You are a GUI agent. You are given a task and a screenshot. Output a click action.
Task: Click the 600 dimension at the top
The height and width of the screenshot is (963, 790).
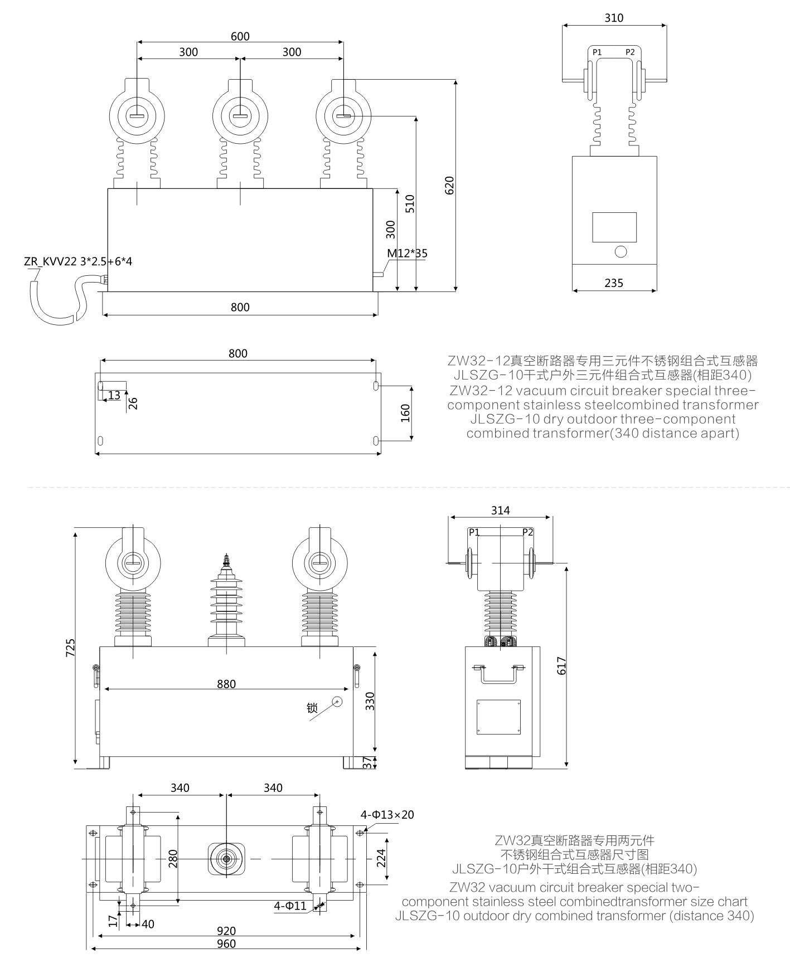pos(240,36)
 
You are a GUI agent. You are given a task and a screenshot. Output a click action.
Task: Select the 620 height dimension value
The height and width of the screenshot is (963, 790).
pos(450,185)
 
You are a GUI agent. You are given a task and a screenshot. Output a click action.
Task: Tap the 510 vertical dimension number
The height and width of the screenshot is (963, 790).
pos(410,204)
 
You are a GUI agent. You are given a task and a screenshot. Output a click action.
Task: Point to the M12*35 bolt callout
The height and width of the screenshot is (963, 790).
pos(408,254)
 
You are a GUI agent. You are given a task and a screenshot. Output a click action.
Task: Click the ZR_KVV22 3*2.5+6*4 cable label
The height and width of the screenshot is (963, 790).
pos(78,261)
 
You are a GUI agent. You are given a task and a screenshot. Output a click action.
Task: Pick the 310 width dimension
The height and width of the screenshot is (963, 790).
pos(614,18)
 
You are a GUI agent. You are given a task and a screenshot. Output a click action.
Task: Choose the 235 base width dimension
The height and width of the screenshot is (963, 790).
pos(614,283)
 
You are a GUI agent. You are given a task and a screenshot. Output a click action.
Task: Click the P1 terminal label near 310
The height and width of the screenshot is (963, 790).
pos(597,52)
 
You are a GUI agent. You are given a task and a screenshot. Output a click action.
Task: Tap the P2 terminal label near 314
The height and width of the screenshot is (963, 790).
pos(527,532)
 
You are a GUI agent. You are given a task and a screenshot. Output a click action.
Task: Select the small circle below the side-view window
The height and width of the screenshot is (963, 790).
pos(621,251)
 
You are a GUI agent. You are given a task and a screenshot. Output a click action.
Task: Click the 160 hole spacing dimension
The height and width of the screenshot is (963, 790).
pos(405,412)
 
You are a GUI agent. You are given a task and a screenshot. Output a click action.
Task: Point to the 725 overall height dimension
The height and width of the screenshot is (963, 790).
pos(71,648)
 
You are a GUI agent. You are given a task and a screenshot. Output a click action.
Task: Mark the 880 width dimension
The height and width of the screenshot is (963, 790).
pos(226,684)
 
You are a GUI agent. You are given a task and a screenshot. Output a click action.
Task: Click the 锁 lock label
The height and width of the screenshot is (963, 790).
pos(312,708)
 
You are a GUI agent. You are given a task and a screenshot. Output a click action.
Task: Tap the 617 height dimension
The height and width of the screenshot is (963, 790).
pos(561,667)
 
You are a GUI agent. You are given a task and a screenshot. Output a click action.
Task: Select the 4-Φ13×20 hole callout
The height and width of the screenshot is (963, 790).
pos(387,815)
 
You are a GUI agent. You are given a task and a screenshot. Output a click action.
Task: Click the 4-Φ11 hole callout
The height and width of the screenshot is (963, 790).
pos(290,906)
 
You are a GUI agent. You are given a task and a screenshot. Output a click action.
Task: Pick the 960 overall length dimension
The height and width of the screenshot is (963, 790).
pos(226,943)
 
